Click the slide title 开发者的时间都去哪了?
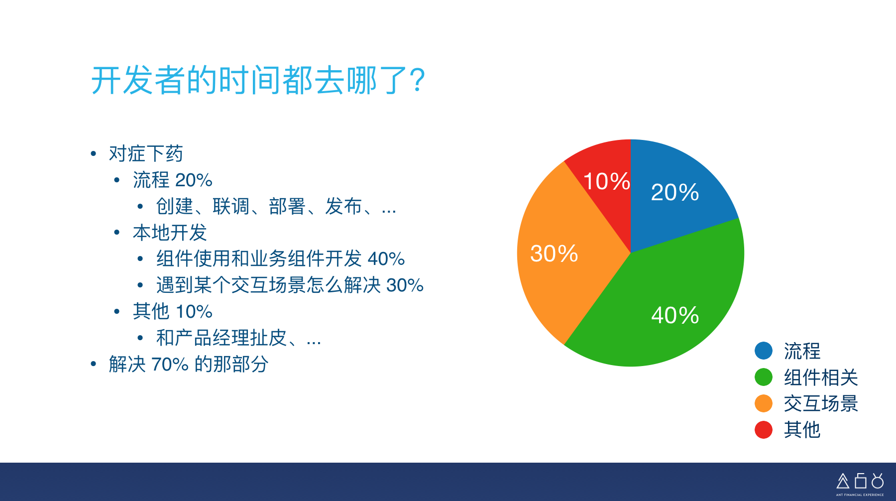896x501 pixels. point(258,80)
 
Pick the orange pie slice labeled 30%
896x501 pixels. point(562,254)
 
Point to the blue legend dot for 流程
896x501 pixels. point(764,351)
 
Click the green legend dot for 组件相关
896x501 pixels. point(764,377)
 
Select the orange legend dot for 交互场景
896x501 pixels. point(764,403)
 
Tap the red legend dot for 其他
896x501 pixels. point(764,430)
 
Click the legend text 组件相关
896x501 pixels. point(821,377)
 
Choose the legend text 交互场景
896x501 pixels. point(821,404)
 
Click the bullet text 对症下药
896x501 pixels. point(146,153)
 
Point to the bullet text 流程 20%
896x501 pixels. point(173,180)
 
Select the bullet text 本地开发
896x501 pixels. point(170,233)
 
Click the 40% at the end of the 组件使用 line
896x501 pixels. point(386,259)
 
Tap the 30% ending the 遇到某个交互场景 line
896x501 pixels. point(405,285)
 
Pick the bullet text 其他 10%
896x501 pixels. point(173,312)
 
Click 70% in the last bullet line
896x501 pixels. point(170,365)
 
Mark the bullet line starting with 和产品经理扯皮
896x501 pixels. point(238,338)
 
